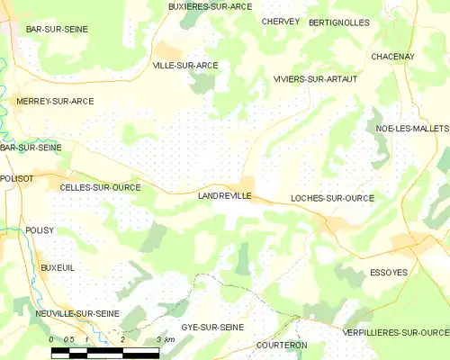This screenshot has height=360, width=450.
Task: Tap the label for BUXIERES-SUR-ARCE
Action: [210, 6]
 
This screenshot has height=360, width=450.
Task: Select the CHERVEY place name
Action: [280, 21]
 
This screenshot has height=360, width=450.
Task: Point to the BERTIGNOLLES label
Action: [338, 22]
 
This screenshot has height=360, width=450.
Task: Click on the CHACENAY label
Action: [391, 57]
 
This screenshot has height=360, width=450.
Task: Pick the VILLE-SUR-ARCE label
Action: [185, 66]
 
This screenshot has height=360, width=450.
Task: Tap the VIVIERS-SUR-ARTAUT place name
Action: [315, 79]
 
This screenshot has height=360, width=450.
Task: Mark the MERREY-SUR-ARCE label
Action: [55, 102]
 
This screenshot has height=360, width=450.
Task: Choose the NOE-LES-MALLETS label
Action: [411, 129]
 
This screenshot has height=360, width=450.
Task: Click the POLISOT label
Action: [17, 179]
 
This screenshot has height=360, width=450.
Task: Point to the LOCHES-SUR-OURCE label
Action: [333, 197]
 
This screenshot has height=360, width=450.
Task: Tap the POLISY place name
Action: [40, 230]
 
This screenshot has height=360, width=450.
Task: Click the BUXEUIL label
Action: [57, 268]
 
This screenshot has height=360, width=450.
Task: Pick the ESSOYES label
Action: [389, 272]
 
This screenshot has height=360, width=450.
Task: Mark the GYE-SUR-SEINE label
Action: [210, 326]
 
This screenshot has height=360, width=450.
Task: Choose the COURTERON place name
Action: [281, 345]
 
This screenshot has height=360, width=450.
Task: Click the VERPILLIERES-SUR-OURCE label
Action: [395, 332]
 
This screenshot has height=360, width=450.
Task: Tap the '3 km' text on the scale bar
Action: [164, 338]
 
